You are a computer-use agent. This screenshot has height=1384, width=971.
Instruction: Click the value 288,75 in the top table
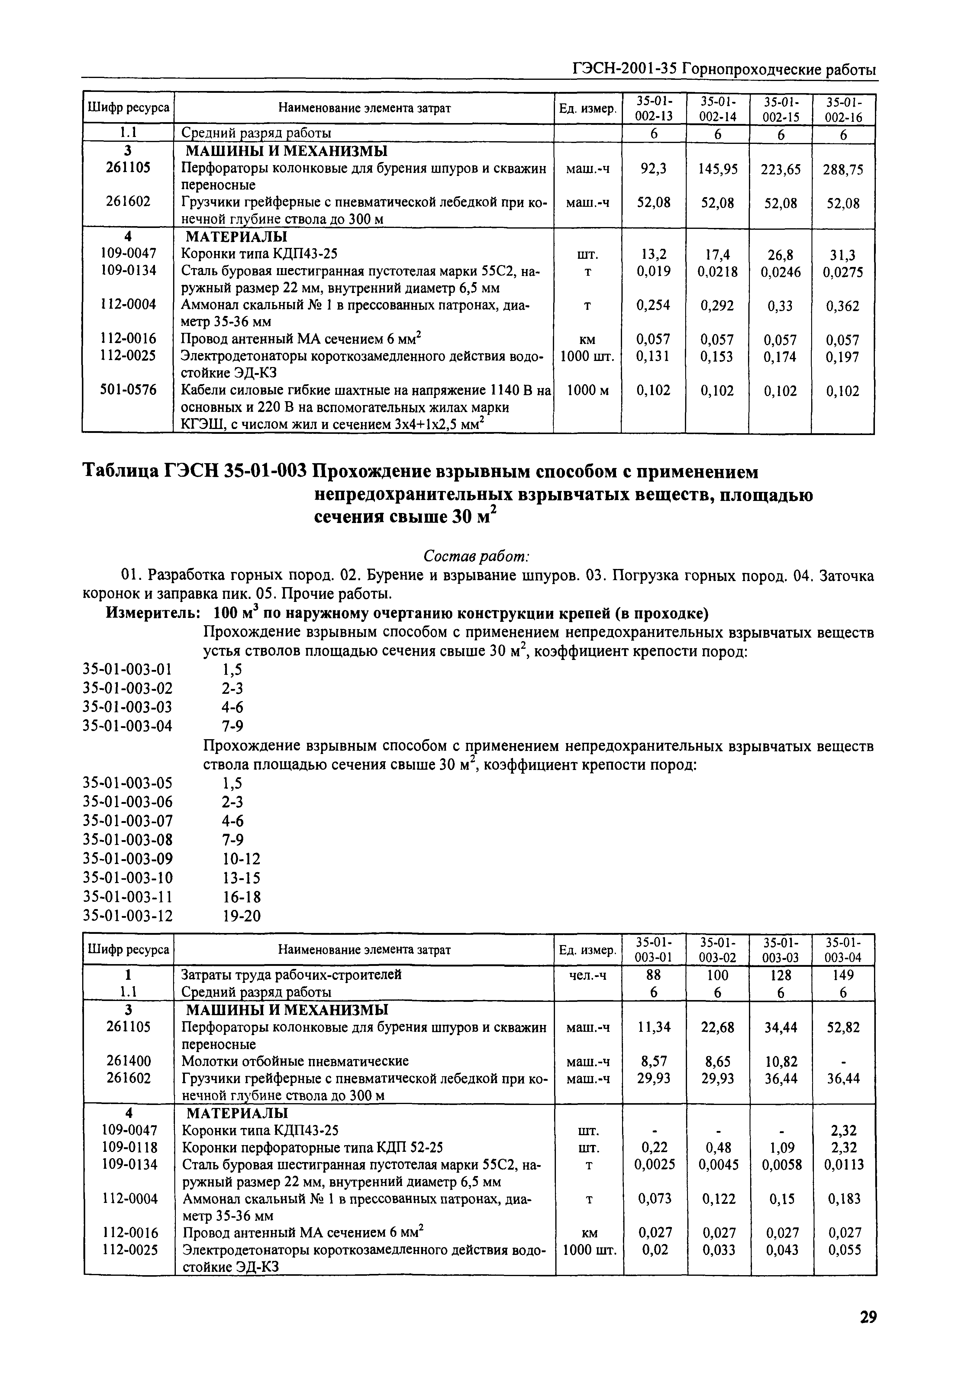pos(843,169)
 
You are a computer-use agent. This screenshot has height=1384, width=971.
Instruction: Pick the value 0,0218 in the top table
pos(717,272)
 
